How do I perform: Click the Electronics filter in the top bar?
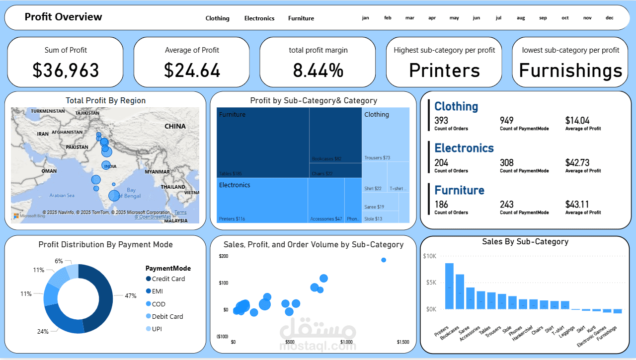[x=259, y=18]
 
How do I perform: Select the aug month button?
[x=521, y=18]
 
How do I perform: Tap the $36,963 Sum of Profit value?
[x=66, y=71]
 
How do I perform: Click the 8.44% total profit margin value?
[x=318, y=71]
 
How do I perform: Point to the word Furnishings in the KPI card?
[x=570, y=71]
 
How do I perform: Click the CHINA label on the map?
[x=175, y=126]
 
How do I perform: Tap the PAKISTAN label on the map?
[x=77, y=147]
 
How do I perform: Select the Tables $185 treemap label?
[x=231, y=174]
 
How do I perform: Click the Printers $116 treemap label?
[x=232, y=218]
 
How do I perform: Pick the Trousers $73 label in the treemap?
[x=377, y=158]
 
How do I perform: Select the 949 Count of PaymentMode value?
[x=507, y=120]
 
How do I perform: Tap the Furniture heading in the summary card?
[x=459, y=190]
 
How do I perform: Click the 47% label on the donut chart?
[x=130, y=295]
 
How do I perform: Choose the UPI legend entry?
[x=157, y=329]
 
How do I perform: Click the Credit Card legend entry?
[x=168, y=279]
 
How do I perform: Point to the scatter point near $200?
[x=384, y=260]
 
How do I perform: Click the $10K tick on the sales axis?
[x=429, y=256]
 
